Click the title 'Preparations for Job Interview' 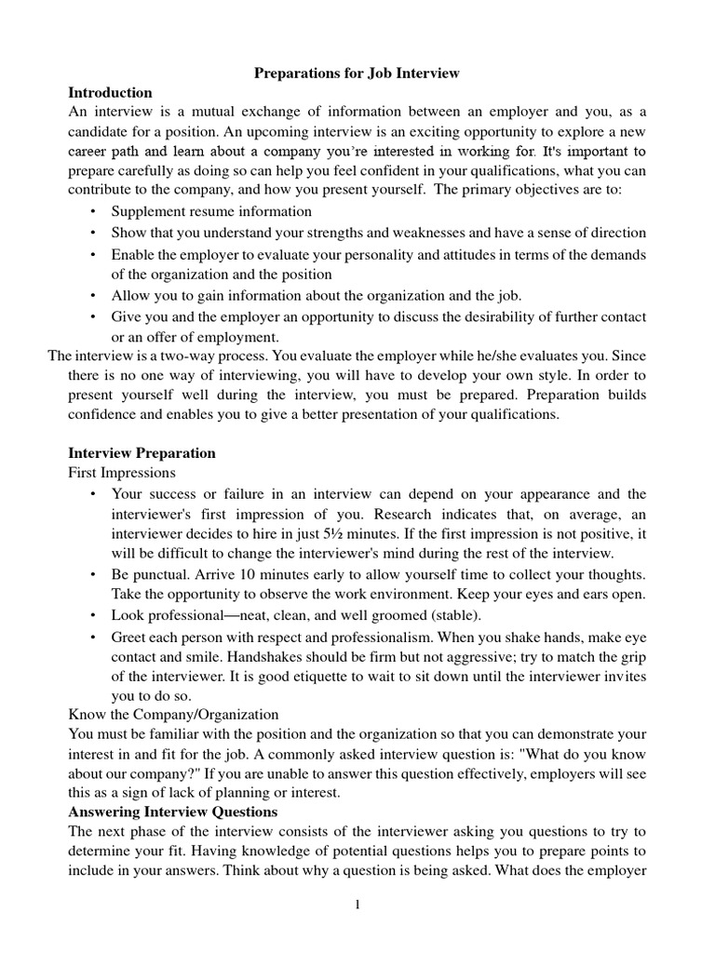(x=358, y=73)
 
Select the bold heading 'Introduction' (x=110, y=92)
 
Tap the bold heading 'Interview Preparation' (x=142, y=453)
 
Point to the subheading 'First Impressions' (x=121, y=473)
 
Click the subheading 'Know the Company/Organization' (x=173, y=714)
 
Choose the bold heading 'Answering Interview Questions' (x=173, y=812)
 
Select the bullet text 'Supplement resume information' (x=212, y=212)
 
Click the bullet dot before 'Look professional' (x=93, y=615)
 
